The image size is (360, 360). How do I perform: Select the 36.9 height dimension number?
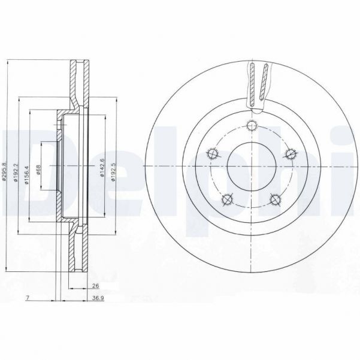click(x=96, y=298)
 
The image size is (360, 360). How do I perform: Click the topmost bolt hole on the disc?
click(x=252, y=126)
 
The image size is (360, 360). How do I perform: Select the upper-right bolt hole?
click(x=292, y=154)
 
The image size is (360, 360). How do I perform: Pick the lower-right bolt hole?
click(x=276, y=199)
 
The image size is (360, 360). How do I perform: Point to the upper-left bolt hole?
click(x=211, y=154)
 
